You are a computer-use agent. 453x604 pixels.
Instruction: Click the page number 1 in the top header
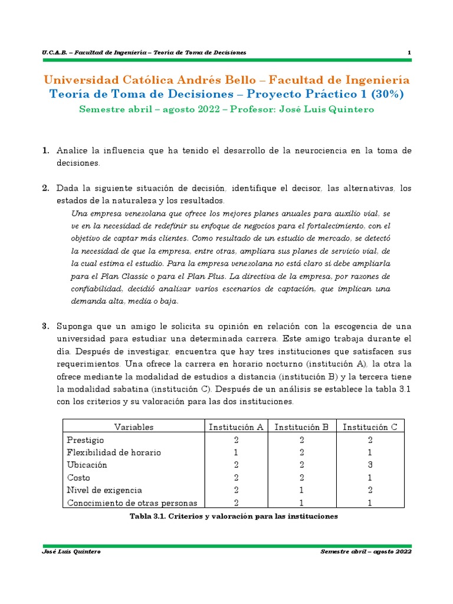(409, 53)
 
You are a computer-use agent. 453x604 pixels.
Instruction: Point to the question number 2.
(45, 188)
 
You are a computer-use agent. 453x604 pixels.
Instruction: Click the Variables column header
(133, 427)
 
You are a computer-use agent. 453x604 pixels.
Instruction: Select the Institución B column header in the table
(301, 427)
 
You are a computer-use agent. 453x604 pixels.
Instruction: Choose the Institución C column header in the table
(370, 427)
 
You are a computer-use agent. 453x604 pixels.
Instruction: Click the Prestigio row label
(86, 440)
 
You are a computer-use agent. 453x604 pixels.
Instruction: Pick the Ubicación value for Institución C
(370, 465)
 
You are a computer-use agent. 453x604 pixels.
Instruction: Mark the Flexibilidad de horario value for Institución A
(235, 452)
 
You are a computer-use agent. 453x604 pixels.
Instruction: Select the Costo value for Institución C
(370, 477)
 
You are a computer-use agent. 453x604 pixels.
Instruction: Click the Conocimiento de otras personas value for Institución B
(301, 503)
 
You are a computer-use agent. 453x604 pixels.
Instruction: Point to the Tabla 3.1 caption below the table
(234, 516)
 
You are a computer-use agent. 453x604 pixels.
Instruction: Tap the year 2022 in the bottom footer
(400, 552)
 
